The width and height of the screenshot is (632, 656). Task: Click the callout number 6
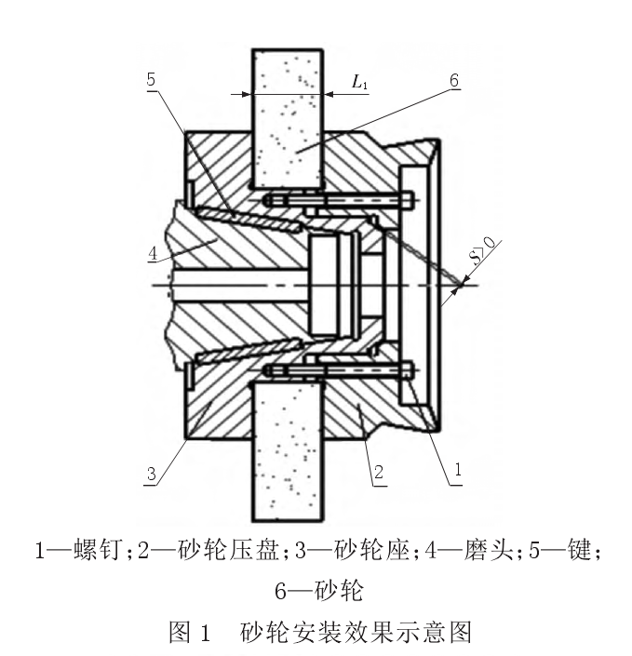tap(453, 81)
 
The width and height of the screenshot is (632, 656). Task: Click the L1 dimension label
tap(360, 82)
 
